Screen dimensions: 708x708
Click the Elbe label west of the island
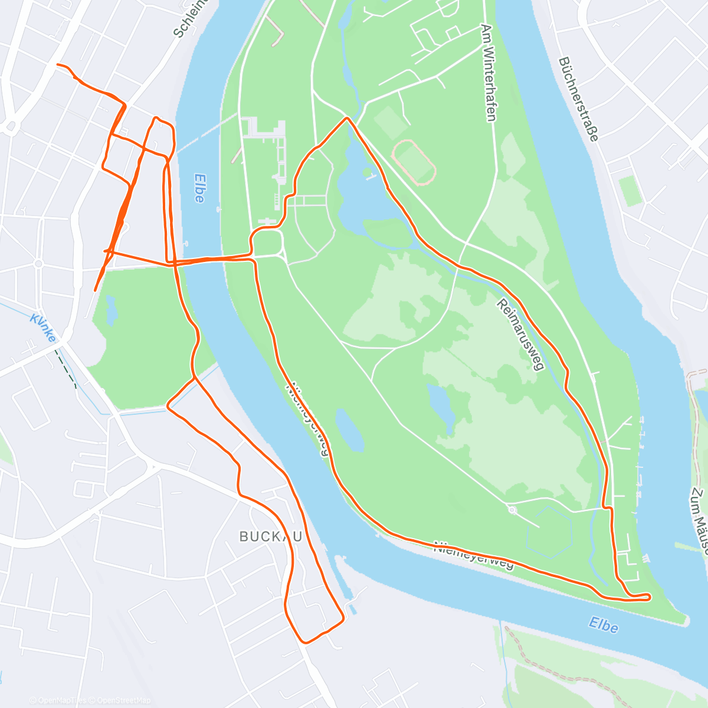pos(199,188)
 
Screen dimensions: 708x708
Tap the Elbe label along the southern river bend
pos(603,625)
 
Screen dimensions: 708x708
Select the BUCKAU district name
pos(271,536)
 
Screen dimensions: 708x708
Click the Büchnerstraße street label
pos(578,99)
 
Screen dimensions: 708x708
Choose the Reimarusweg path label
pos(519,335)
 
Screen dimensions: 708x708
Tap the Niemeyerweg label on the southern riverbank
pos(474,555)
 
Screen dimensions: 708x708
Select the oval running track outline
pos(414,162)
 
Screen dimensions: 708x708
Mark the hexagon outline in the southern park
pos(549,532)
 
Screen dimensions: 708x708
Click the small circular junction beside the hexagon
pos(512,510)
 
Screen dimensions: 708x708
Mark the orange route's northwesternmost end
pos(57,64)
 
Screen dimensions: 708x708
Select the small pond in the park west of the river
pos(110,310)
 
